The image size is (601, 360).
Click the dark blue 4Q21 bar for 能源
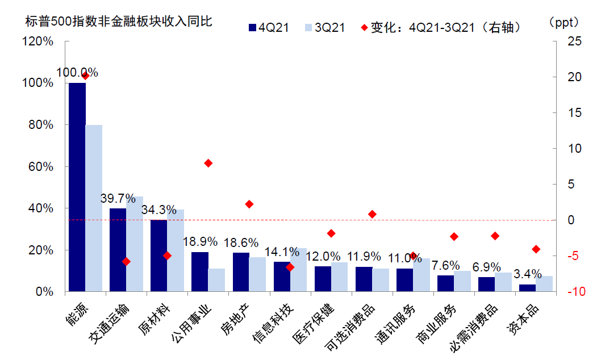(77, 187)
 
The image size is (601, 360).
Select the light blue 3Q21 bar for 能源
(94, 208)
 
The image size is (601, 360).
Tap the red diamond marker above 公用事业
(208, 163)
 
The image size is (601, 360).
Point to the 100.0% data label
(77, 73)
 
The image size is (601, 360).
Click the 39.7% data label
(119, 199)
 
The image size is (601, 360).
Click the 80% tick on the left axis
(41, 125)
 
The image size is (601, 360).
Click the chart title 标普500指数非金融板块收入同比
(118, 23)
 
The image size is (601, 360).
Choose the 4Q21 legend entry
(269, 27)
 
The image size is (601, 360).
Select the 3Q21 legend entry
(324, 27)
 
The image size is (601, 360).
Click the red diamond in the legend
(364, 27)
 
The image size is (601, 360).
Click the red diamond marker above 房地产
(249, 204)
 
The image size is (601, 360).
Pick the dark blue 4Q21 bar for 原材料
(159, 256)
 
